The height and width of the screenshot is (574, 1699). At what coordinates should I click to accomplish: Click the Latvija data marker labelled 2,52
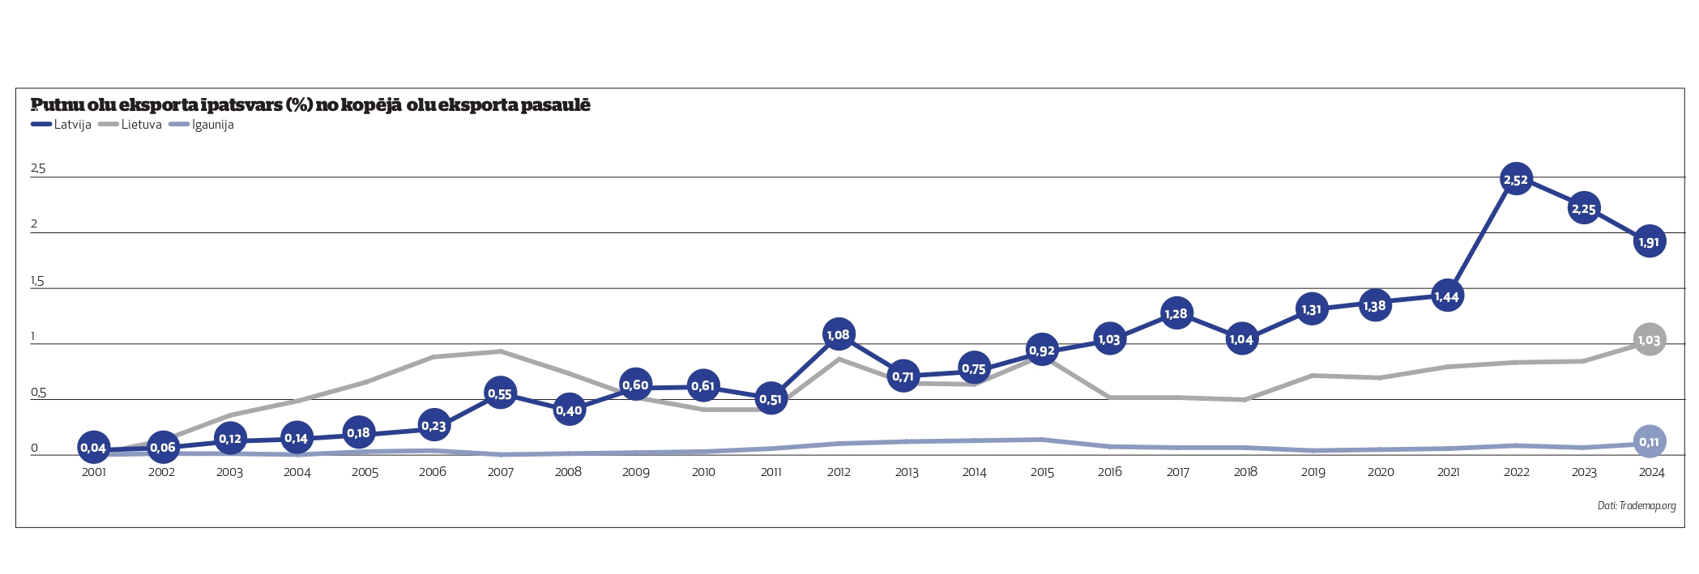(1515, 179)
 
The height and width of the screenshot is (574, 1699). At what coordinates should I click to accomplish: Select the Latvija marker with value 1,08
(838, 334)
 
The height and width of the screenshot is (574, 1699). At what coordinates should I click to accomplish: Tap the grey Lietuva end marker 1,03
(1649, 340)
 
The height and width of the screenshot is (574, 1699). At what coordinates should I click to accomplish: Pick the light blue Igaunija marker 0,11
(1649, 441)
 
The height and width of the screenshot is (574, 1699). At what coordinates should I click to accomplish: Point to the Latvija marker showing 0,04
(93, 447)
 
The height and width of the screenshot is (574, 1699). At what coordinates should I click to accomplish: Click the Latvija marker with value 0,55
(500, 393)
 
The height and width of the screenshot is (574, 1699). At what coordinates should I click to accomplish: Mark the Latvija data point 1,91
(1649, 241)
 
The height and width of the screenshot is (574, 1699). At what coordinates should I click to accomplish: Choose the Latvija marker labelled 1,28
(1176, 313)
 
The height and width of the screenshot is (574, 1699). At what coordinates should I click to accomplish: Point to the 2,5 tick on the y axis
(38, 168)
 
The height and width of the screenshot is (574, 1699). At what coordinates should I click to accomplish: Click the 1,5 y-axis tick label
(37, 281)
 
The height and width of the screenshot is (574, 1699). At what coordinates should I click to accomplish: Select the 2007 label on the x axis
(501, 472)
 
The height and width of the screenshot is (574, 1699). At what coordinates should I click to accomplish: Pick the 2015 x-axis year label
(1042, 472)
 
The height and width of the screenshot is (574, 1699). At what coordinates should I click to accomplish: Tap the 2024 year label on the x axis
(1651, 472)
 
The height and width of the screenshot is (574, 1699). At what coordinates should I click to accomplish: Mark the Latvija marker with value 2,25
(1583, 209)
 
